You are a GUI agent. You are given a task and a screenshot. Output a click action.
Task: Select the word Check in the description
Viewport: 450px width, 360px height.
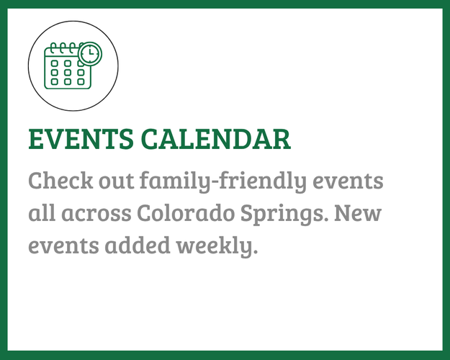pos(58,180)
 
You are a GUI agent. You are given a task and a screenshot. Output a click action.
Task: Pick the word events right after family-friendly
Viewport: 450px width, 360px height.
pos(354,180)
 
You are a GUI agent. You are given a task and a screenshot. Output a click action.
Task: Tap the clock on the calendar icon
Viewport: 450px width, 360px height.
pos(90,53)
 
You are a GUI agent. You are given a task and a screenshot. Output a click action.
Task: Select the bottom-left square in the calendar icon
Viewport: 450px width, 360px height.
pos(54,81)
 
